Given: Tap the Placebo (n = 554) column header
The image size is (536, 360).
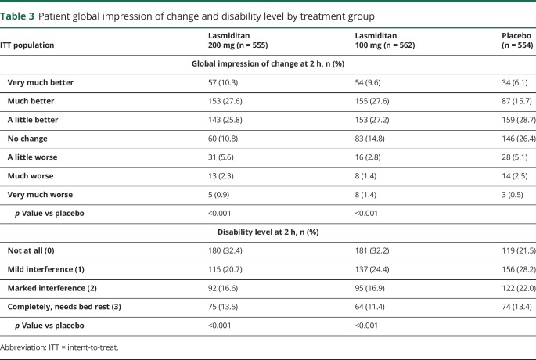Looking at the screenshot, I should point(516,40).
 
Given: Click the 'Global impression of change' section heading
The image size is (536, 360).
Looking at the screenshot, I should point(268,63).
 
